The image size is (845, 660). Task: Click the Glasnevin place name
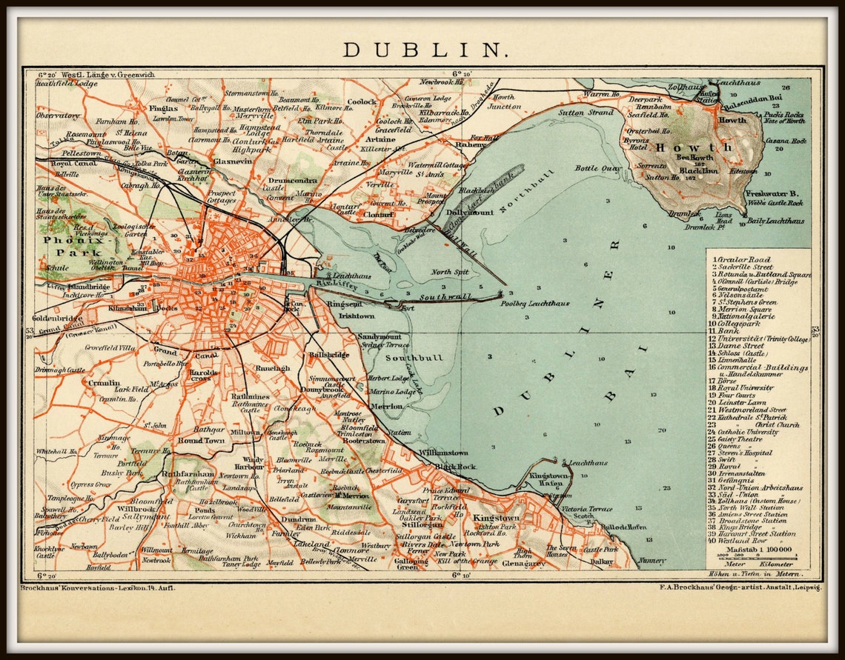coord(213,161)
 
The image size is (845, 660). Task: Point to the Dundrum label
coord(299,520)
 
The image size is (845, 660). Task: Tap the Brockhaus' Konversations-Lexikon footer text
coord(105,587)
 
